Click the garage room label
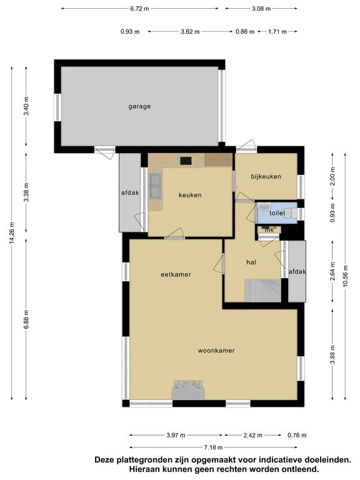pyautogui.click(x=139, y=106)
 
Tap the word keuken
pyautogui.click(x=190, y=195)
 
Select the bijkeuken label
pyautogui.click(x=266, y=176)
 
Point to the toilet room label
pyautogui.click(x=277, y=212)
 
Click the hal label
pyautogui.click(x=251, y=262)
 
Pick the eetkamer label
pyautogui.click(x=176, y=274)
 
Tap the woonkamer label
pyautogui.click(x=216, y=351)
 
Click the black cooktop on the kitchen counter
pyautogui.click(x=186, y=161)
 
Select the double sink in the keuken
pyautogui.click(x=155, y=186)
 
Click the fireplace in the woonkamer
pyautogui.click(x=188, y=390)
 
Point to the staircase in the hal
pyautogui.click(x=263, y=291)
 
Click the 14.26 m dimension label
pyautogui.click(x=12, y=232)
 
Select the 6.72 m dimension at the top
pyautogui.click(x=139, y=9)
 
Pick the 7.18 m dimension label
pyautogui.click(x=213, y=447)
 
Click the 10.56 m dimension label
pyautogui.click(x=345, y=276)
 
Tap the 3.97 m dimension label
pyautogui.click(x=176, y=435)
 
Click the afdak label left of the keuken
pyautogui.click(x=130, y=193)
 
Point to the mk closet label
pyautogui.click(x=269, y=229)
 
